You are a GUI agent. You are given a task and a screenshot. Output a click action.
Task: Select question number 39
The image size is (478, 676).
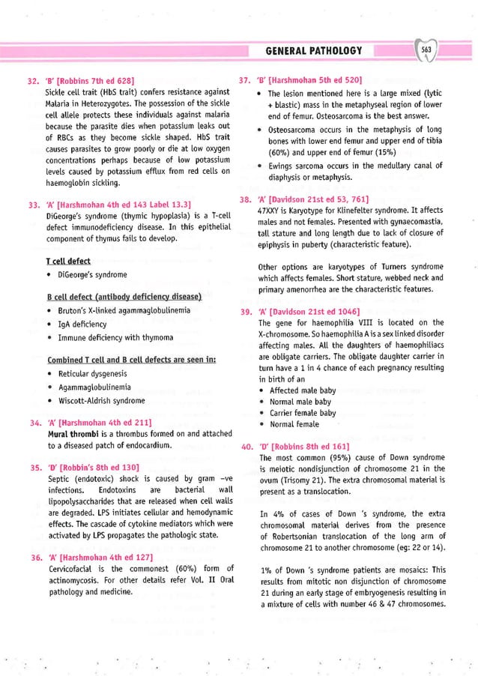pos(245,311)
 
